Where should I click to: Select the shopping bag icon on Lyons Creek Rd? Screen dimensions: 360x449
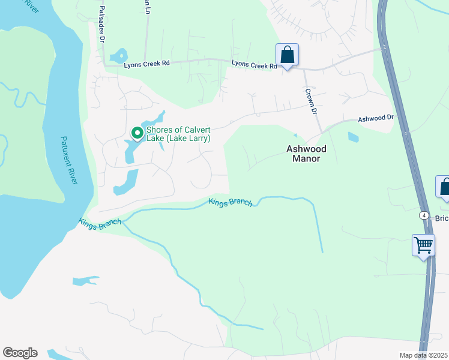[288, 55]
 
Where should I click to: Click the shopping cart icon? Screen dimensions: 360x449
[423, 245]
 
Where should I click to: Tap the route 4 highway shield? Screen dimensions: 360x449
[424, 215]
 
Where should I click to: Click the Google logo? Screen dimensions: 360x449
[20, 353]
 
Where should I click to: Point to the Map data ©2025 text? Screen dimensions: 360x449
[423, 355]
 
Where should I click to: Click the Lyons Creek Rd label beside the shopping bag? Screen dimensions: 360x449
[255, 64]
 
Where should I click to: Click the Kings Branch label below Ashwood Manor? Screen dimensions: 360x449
[231, 202]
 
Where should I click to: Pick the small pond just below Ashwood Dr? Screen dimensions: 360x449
[353, 137]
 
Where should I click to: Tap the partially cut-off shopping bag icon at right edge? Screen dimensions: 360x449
[444, 187]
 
